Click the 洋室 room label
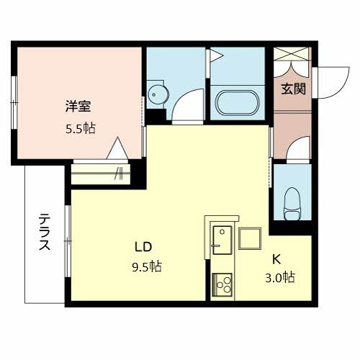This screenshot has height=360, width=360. pos(78,107)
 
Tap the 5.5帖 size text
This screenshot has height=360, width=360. pos(81,128)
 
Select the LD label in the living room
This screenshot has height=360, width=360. pos(143,247)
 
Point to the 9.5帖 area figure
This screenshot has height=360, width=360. pos(147,266)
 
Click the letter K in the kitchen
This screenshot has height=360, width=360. pos(276,259)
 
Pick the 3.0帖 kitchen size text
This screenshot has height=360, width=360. pos(280,277)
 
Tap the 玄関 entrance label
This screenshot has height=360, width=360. pos(293,89)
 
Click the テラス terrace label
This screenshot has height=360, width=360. pos(45,232)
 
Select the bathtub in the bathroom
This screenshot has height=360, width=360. pos(238,103)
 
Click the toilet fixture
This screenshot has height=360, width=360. pos(292,204)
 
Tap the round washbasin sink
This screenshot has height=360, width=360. pos(158,95)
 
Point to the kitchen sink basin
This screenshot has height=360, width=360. pos(222,240)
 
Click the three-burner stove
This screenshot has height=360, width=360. pos(222,285)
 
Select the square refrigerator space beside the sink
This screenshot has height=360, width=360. pos(250,238)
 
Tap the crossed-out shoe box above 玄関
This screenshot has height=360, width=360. pos(291,53)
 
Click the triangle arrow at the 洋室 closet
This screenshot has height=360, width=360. pos(117,148)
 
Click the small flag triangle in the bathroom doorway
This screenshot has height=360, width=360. pos(217,55)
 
